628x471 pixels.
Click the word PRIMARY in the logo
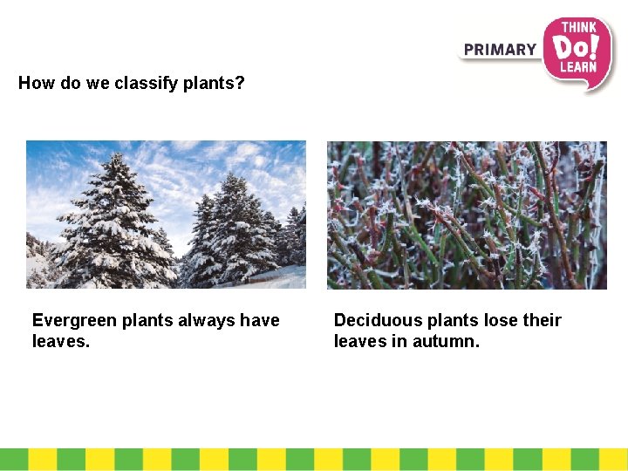point(500,50)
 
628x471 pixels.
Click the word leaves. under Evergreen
point(60,342)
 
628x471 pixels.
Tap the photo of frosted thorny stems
point(467,215)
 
